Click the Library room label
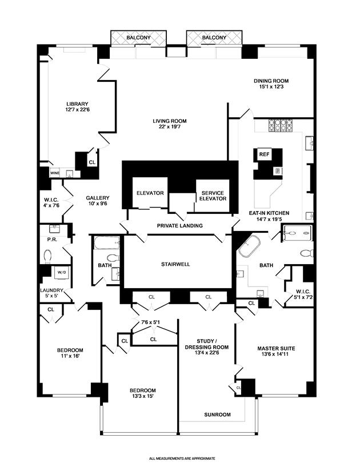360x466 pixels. tap(77, 103)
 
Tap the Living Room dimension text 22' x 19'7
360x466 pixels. tap(169, 128)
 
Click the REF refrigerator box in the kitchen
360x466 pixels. tap(264, 154)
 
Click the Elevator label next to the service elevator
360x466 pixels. tap(150, 193)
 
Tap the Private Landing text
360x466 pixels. tap(180, 226)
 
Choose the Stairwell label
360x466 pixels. tap(175, 265)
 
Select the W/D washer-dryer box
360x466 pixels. tap(61, 273)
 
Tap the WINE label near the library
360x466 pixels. tap(55, 172)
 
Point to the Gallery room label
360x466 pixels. tap(98, 198)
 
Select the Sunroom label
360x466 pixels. tap(218, 415)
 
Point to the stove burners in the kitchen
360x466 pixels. tap(280, 125)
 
